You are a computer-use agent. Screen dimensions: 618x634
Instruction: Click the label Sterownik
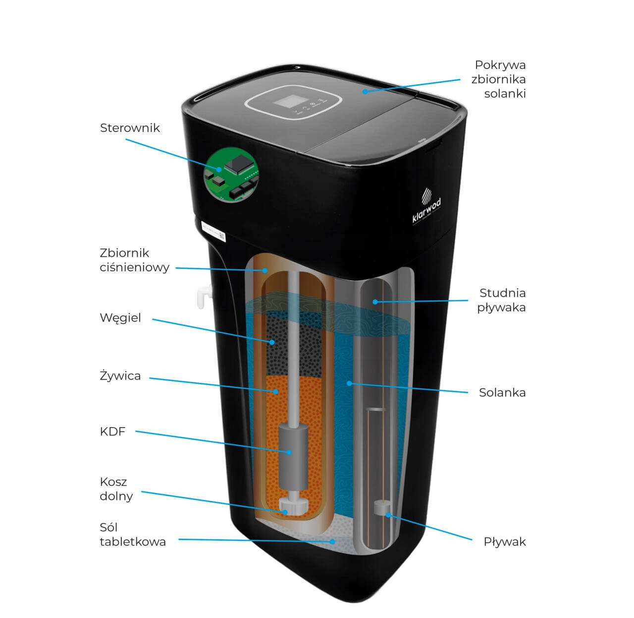pyautogui.click(x=130, y=128)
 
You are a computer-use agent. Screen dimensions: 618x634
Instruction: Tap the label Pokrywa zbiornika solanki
pyautogui.click(x=499, y=79)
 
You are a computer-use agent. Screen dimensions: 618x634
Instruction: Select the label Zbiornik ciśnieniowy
pyautogui.click(x=134, y=260)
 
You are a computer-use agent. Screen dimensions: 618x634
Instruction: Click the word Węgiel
pyautogui.click(x=120, y=318)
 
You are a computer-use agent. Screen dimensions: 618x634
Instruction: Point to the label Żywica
pyautogui.click(x=120, y=376)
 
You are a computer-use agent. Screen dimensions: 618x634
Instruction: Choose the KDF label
pyautogui.click(x=112, y=432)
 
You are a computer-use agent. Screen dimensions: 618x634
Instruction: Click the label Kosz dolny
pyautogui.click(x=116, y=489)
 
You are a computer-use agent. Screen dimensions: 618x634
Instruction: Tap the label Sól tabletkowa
pyautogui.click(x=132, y=535)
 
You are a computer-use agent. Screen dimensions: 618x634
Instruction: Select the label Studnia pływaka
pyautogui.click(x=501, y=300)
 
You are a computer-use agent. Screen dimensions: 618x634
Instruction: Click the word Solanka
pyautogui.click(x=502, y=393)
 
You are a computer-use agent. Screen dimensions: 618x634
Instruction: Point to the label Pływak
pyautogui.click(x=504, y=542)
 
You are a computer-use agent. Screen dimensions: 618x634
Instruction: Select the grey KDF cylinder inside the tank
pyautogui.click(x=292, y=456)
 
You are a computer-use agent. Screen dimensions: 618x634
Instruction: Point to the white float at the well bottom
pyautogui.click(x=381, y=508)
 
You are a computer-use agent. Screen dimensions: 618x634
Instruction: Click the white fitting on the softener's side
pyautogui.click(x=202, y=296)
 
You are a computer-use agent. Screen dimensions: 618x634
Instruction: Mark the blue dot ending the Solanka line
pyautogui.click(x=349, y=383)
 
